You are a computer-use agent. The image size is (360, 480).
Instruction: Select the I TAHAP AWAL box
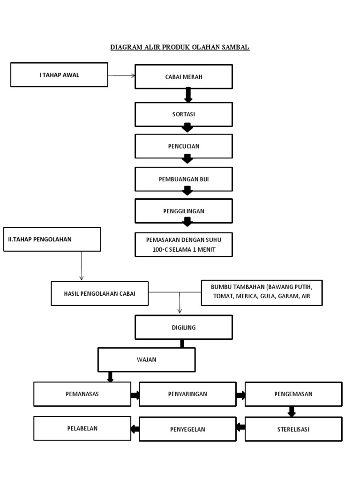(x=59, y=75)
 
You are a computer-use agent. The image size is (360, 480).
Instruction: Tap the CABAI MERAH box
(x=184, y=77)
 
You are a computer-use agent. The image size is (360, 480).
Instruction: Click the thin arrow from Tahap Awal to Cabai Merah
(x=121, y=75)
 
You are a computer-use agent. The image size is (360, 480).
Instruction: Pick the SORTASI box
(x=184, y=114)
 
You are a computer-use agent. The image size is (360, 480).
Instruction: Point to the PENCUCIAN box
(x=184, y=146)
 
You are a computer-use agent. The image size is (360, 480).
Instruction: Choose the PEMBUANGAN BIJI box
(x=184, y=179)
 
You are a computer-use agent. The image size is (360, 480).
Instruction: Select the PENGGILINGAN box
(x=184, y=211)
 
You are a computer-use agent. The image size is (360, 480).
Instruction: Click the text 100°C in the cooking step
(x=160, y=249)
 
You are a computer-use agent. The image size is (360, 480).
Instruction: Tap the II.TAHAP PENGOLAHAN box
(x=52, y=239)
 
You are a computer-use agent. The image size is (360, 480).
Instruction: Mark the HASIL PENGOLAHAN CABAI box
(x=99, y=293)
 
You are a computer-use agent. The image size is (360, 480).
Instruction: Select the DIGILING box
(x=184, y=327)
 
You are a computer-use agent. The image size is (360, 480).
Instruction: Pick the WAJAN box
(x=146, y=360)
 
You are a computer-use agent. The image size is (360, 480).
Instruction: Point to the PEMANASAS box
(x=82, y=394)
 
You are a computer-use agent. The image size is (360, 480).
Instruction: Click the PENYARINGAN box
(x=187, y=394)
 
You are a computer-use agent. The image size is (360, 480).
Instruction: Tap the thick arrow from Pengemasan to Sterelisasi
(x=292, y=412)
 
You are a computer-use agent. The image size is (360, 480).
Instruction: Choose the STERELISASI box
(x=293, y=429)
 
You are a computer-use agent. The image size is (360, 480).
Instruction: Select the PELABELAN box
(x=82, y=428)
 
